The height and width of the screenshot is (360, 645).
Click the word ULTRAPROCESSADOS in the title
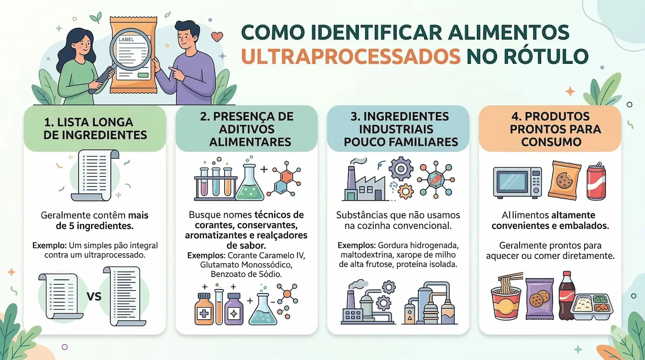[351, 56]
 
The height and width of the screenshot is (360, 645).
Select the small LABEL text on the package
[126, 40]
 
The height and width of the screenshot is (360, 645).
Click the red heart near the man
[217, 37]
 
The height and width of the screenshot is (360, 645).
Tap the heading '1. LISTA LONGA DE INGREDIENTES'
[95, 129]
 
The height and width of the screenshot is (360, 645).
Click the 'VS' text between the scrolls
[94, 297]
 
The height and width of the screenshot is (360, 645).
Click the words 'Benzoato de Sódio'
[246, 274]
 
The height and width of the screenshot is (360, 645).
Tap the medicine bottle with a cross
[204, 310]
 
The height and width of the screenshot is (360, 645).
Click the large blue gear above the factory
[401, 168]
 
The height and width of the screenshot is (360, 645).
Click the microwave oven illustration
[518, 182]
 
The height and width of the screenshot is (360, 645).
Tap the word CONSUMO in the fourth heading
[551, 142]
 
